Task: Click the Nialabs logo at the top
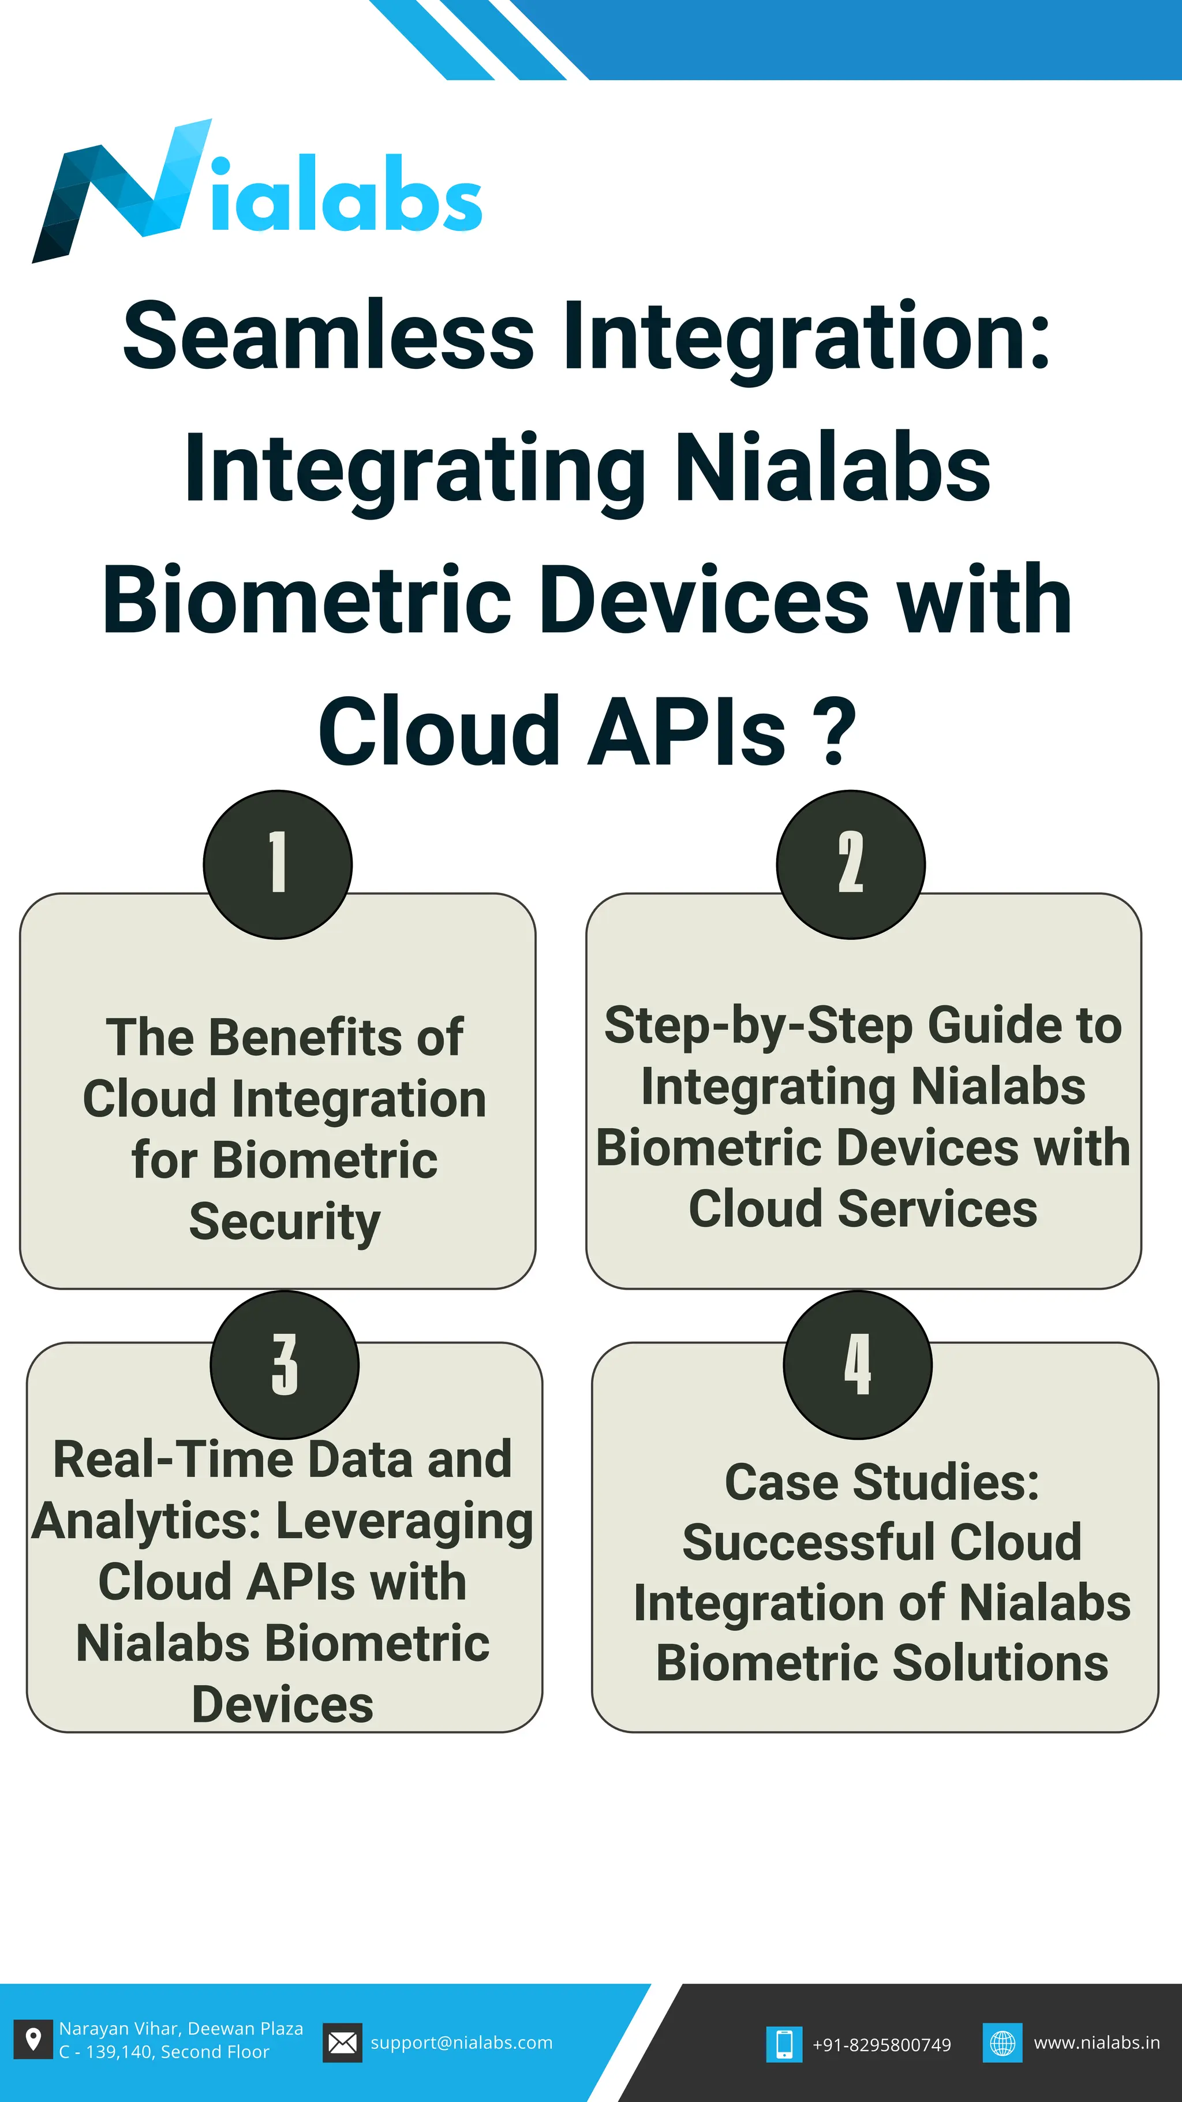point(257,192)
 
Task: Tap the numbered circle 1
point(278,864)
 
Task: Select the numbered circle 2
point(851,864)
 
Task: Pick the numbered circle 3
point(285,1364)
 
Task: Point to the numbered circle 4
point(857,1364)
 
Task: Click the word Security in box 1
point(285,1222)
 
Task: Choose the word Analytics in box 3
point(146,1522)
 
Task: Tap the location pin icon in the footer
point(33,2041)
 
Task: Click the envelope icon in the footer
point(342,2043)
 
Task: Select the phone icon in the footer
point(784,2044)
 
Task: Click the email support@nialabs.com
point(462,2043)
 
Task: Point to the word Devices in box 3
point(282,1705)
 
